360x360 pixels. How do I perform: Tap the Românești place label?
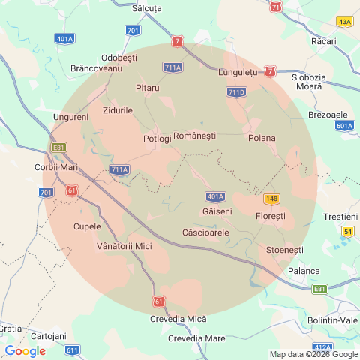194,136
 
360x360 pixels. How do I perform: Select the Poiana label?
262,139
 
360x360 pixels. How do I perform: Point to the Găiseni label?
217,212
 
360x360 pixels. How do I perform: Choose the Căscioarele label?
205,232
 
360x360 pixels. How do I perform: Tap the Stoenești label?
284,248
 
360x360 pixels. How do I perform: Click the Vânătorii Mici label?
124,246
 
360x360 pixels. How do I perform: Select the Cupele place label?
87,226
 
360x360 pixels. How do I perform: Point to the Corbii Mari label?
56,167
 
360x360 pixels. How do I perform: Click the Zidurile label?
118,110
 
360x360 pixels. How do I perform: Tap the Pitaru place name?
148,88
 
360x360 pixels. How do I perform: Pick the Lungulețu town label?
238,72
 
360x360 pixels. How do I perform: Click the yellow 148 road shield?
271,199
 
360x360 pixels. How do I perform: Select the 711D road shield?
236,92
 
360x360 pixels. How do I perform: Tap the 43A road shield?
344,22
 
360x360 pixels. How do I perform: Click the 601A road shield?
344,126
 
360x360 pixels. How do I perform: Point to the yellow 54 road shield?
347,232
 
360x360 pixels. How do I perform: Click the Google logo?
25,350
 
